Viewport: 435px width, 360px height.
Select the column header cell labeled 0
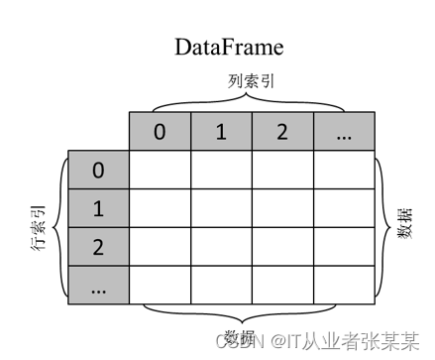pyautogui.click(x=160, y=132)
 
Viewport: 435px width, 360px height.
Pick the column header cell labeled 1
pyautogui.click(x=221, y=132)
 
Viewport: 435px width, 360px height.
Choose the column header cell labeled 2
pyautogui.click(x=282, y=132)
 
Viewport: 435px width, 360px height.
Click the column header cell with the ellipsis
pyautogui.click(x=345, y=132)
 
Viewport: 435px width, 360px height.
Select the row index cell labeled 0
pyautogui.click(x=98, y=171)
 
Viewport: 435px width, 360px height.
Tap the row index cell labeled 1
pyautogui.click(x=98, y=209)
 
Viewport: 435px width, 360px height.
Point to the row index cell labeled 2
pyautogui.click(x=98, y=248)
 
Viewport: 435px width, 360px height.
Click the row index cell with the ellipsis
pyautogui.click(x=98, y=286)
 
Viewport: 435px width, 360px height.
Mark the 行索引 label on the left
pyautogui.click(x=39, y=228)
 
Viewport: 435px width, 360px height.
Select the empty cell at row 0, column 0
pyautogui.click(x=160, y=171)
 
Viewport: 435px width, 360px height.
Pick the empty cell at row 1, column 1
pyautogui.click(x=221, y=209)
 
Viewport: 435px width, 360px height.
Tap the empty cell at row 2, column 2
pyautogui.click(x=282, y=248)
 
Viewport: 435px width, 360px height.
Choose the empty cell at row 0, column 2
pyautogui.click(x=282, y=171)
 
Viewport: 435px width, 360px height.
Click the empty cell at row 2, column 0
pyautogui.click(x=160, y=248)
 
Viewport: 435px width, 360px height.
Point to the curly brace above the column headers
pyautogui.click(x=252, y=100)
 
